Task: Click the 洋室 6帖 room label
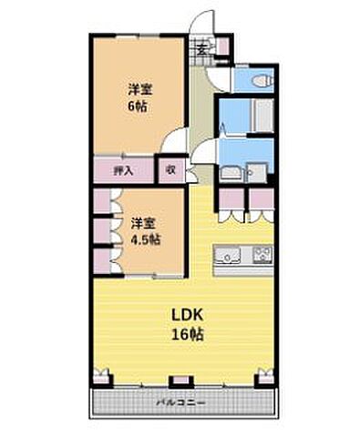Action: click(139, 97)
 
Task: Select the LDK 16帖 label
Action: click(184, 324)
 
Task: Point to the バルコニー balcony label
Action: click(180, 401)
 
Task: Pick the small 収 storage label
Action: click(170, 169)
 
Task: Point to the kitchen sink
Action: click(227, 254)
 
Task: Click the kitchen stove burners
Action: click(262, 254)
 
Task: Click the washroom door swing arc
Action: click(209, 153)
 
